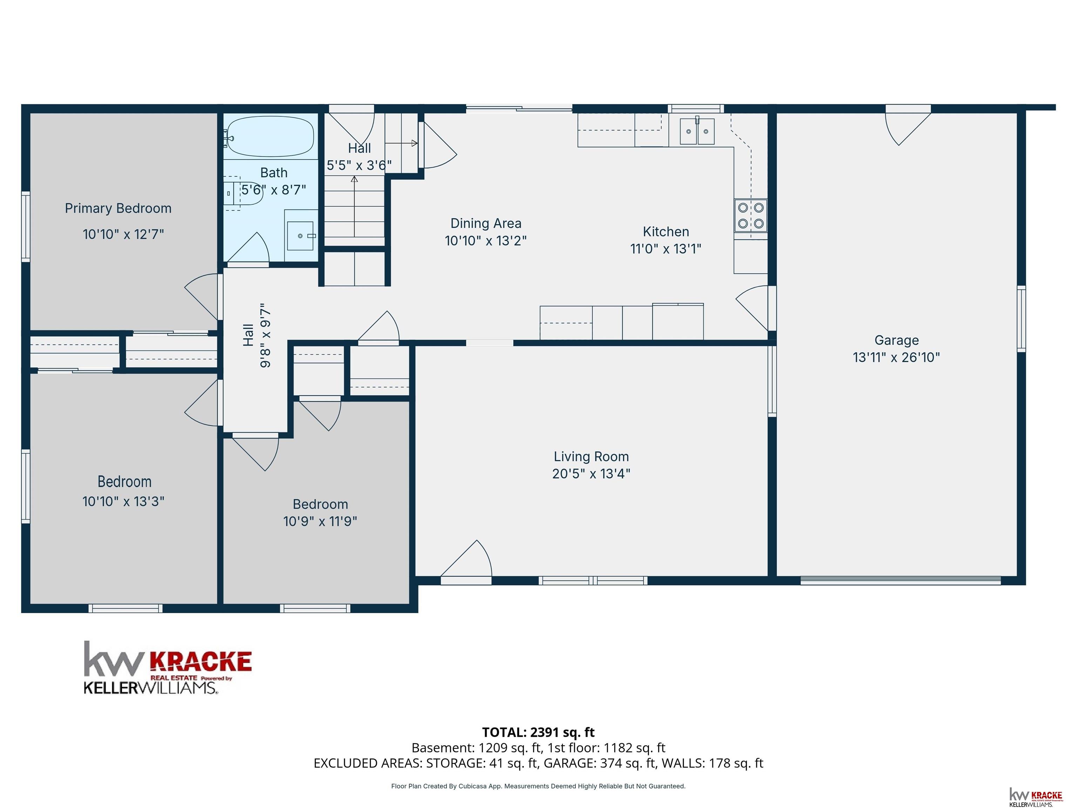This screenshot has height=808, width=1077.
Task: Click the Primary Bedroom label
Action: point(118,208)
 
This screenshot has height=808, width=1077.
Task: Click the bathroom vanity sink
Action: point(300,236)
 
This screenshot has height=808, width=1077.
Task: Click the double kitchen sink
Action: point(697,132)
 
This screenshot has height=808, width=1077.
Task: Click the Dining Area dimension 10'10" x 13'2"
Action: point(486,241)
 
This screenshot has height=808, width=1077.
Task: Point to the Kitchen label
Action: point(665,231)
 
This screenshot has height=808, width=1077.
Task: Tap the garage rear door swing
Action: point(908,126)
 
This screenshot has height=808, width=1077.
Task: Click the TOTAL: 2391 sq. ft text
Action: point(538,732)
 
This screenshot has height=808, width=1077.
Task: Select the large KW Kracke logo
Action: point(168,667)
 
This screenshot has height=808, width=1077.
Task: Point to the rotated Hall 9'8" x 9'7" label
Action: point(257,336)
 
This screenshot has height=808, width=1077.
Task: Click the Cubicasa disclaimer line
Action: point(538,786)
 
